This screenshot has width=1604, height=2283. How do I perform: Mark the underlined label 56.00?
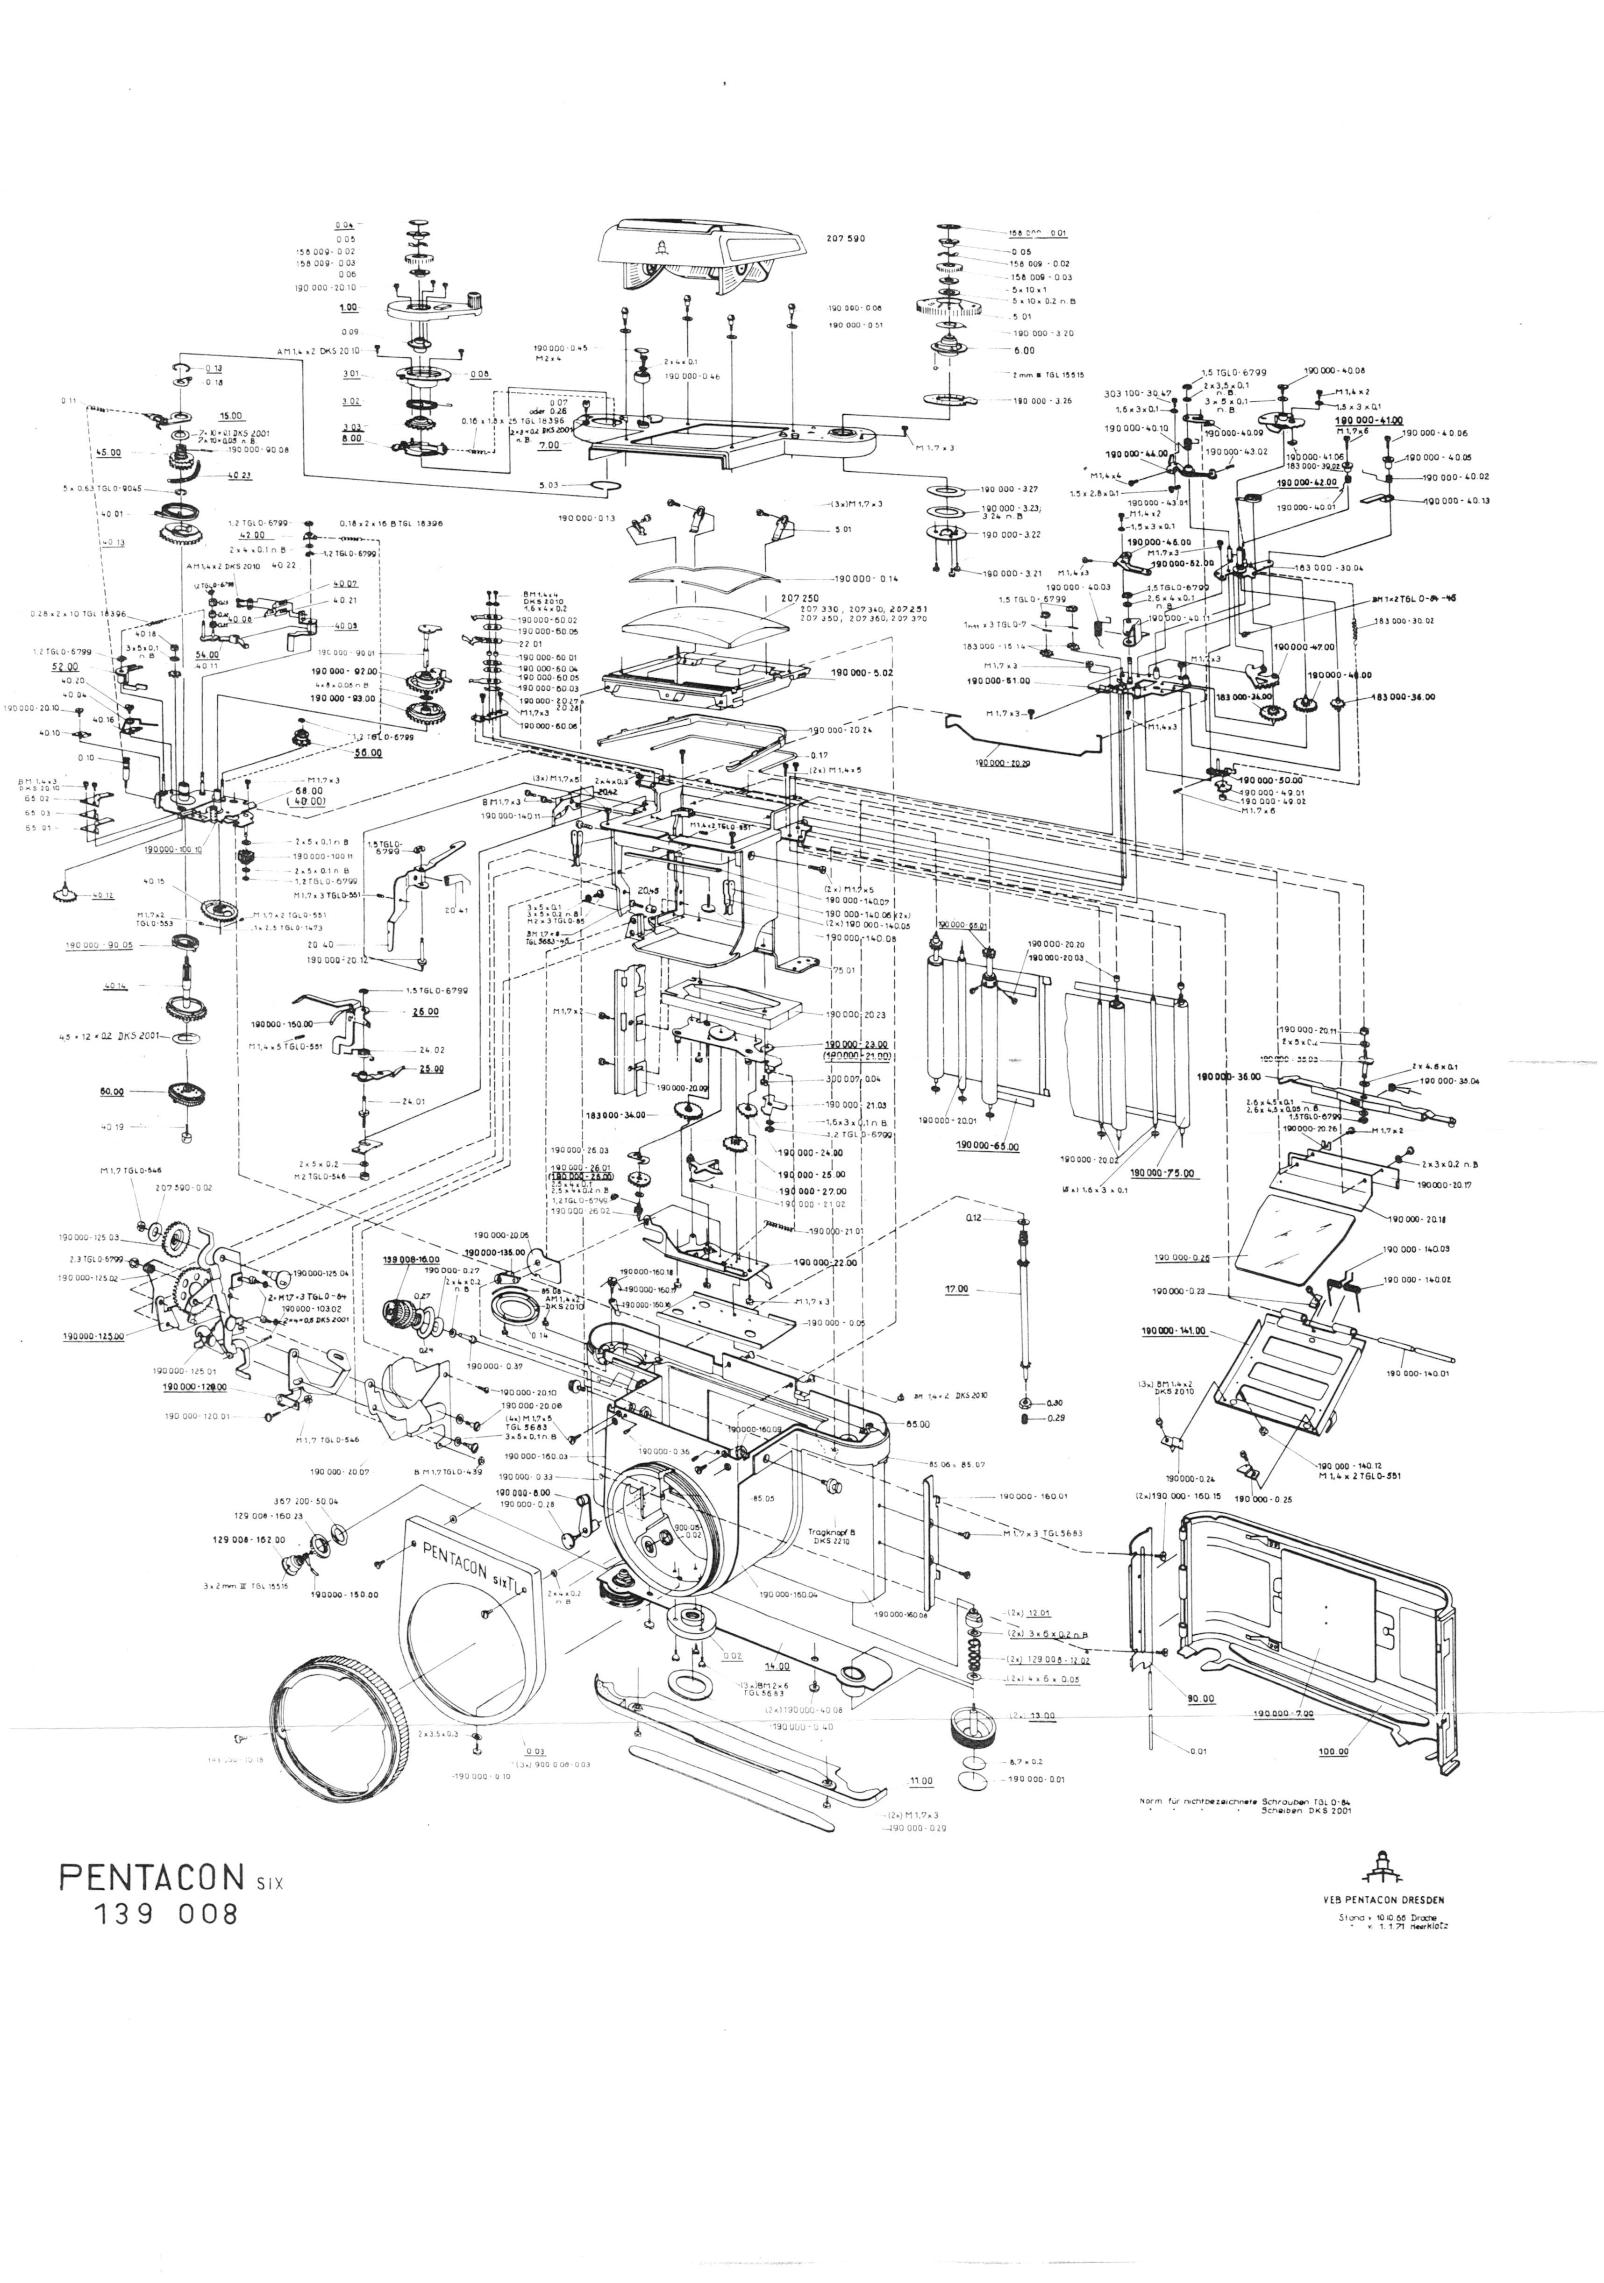click(369, 753)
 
